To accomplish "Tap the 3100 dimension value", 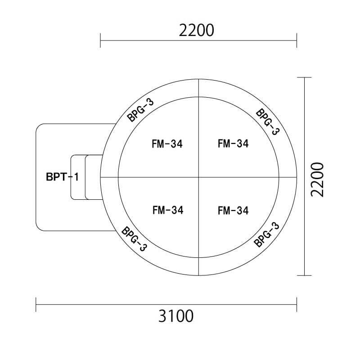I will (176, 316).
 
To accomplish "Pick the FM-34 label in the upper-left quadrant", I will (167, 144).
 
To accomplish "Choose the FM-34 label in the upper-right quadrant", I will (233, 144).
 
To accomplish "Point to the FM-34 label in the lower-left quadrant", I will (167, 210).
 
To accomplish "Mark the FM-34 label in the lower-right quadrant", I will (233, 210).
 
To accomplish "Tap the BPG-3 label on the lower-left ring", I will (134, 239).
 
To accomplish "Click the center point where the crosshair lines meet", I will (198, 177).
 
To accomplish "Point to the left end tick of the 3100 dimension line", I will (36, 304).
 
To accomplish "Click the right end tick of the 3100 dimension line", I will (297, 304).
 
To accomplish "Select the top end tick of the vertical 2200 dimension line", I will (305, 78).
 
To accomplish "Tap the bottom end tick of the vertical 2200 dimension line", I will (305, 275).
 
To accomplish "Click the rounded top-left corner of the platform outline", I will (39, 127).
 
